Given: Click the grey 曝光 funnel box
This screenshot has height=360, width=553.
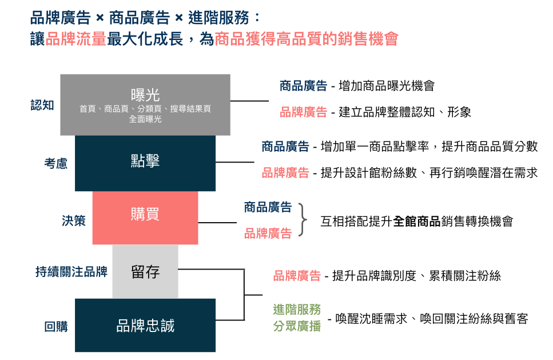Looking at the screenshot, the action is (145, 105).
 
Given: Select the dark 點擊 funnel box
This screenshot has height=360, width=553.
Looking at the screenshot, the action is (145, 164).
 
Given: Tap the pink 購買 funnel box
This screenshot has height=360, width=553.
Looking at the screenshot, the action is (145, 217).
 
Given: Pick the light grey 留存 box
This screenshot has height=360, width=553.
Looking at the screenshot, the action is (145, 271).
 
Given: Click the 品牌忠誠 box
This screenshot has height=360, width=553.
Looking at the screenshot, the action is (145, 325).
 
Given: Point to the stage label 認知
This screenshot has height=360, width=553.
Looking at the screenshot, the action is (42, 105).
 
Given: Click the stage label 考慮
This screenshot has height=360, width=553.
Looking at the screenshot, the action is (55, 164).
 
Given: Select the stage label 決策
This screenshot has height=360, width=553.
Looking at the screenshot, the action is (74, 220).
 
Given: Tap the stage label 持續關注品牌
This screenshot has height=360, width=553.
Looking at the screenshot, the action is (71, 272).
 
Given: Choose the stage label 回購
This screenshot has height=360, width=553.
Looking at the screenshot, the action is (55, 326).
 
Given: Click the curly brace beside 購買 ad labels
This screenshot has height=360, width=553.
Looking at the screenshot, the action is (303, 219).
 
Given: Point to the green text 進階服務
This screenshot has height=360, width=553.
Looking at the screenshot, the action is (297, 310).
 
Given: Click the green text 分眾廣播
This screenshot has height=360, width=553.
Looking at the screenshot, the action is (297, 326).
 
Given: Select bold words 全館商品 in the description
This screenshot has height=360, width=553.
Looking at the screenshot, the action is (416, 221).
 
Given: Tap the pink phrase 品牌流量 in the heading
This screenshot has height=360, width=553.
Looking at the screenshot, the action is (76, 39).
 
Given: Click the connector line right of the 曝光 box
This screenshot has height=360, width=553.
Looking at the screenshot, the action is (250, 101).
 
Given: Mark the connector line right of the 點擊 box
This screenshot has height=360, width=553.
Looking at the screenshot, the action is (235, 163).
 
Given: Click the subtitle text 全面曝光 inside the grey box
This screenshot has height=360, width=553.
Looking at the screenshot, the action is (145, 119).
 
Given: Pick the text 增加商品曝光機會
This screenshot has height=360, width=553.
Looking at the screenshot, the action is (387, 86).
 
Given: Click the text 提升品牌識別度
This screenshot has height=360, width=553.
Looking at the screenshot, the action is (374, 276).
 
